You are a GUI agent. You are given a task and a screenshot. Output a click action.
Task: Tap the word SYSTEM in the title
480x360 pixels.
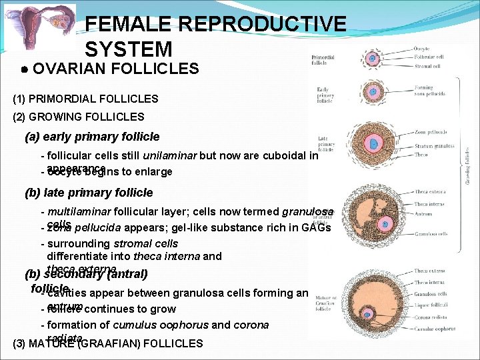point(129,49)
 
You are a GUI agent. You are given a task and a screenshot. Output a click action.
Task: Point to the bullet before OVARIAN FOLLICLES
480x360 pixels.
point(23,69)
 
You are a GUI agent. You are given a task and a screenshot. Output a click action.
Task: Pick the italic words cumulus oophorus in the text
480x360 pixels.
point(152,325)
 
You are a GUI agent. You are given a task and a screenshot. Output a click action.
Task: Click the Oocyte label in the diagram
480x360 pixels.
point(422,49)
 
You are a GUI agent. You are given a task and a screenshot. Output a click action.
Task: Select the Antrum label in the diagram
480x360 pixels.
point(423,213)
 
